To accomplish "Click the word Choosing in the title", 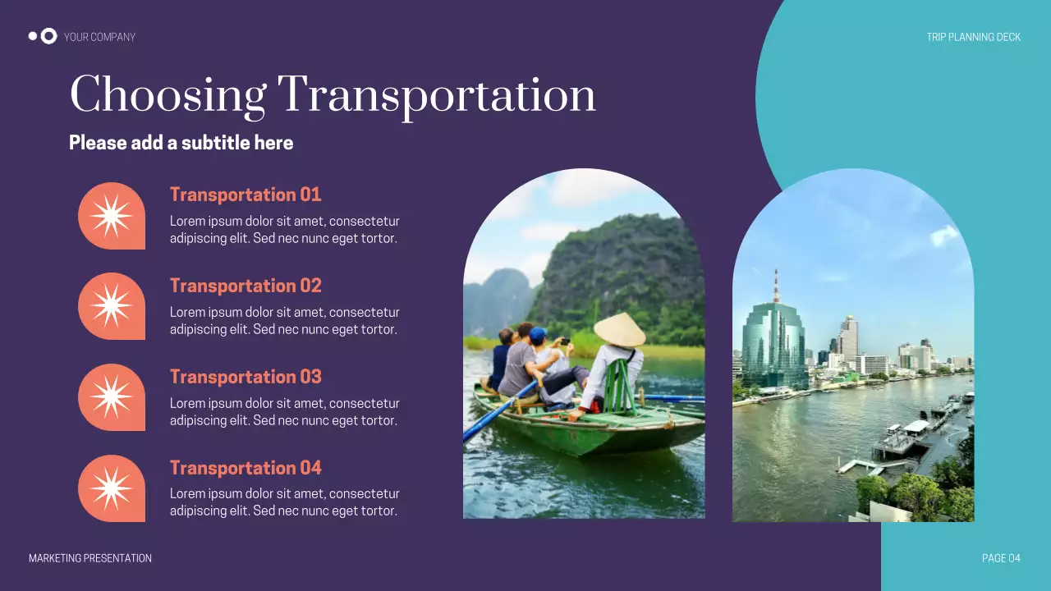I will [168, 95].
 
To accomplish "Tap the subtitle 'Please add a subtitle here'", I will [181, 143].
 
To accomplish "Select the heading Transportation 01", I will [246, 195].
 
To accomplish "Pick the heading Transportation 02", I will [246, 286].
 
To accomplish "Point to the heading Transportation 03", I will [246, 377].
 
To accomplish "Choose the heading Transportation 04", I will [246, 468].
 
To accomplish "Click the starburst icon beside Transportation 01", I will [111, 216].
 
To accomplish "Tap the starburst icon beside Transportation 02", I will [111, 306].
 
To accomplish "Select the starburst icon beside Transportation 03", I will [111, 397].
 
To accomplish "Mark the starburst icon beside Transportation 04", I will [111, 488].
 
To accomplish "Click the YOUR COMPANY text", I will [99, 37].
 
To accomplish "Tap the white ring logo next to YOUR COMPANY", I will [48, 36].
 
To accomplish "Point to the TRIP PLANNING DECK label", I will [973, 37].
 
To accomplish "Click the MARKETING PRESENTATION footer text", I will [90, 558].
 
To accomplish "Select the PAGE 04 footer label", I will [1001, 558].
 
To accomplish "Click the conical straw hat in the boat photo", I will [619, 329].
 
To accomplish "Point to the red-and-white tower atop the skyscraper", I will [776, 286].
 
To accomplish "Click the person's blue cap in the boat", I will [538, 334].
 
